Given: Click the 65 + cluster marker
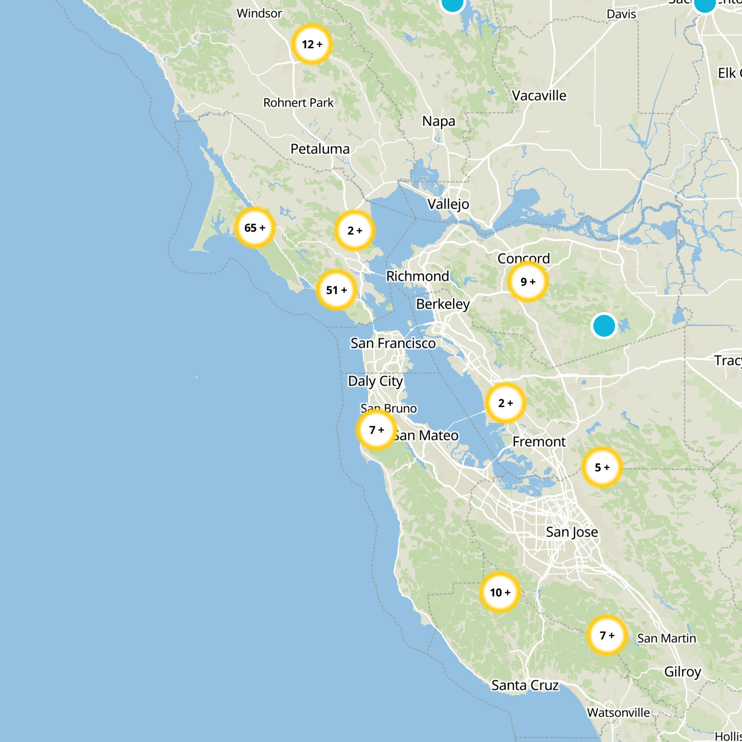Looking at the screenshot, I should [x=255, y=228].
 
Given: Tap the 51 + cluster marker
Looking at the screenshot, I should [x=336, y=290].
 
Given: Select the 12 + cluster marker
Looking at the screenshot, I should [x=312, y=44].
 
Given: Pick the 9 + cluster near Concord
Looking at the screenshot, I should [x=528, y=281].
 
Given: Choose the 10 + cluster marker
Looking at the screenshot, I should [x=500, y=592].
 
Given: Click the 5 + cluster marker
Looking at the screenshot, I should [x=602, y=467].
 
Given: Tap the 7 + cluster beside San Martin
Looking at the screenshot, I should [x=607, y=635].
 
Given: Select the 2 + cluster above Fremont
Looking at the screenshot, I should [x=505, y=403].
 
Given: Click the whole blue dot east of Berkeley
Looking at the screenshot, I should [x=604, y=326].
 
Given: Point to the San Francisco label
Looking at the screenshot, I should [x=393, y=343].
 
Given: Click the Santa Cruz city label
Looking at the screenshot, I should [x=525, y=685].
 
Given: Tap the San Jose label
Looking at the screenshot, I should [x=572, y=532].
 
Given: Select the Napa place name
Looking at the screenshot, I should [x=439, y=121].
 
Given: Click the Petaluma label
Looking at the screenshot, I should [x=320, y=149].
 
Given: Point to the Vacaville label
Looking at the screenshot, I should [x=539, y=96].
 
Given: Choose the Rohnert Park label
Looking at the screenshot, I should [x=298, y=102].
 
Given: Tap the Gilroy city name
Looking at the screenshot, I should [x=683, y=672].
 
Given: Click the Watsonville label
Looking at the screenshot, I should [x=619, y=712].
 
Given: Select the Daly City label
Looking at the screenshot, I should [x=376, y=381].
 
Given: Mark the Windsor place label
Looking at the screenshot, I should [x=259, y=13].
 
